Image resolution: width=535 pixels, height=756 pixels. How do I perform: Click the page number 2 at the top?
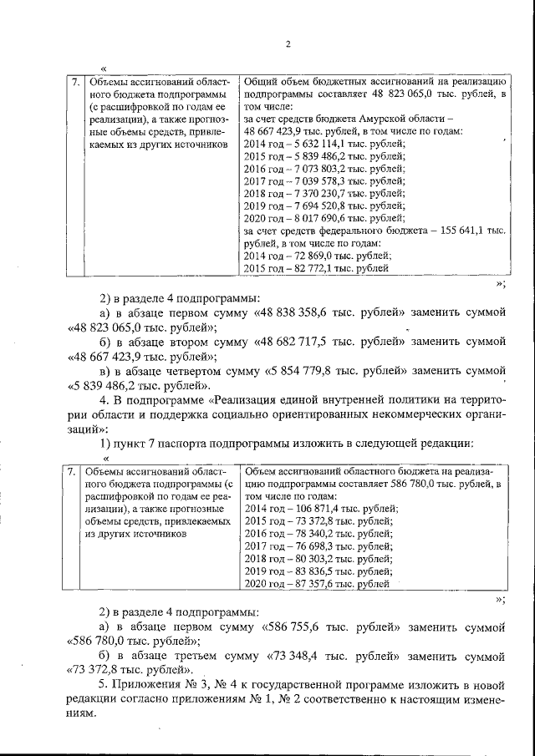(287, 44)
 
